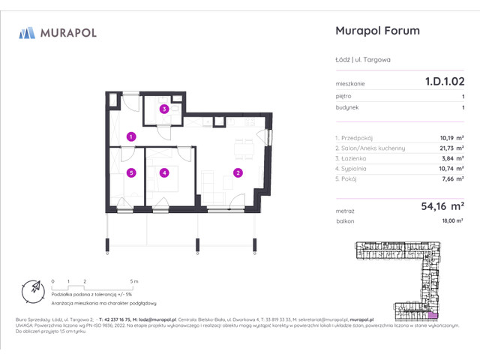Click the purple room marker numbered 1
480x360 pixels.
(x=130, y=136)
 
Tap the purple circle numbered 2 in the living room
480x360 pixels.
(x=237, y=173)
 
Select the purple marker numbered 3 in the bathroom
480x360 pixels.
(x=163, y=109)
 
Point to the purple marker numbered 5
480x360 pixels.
(x=130, y=173)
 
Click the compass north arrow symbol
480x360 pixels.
(x=33, y=288)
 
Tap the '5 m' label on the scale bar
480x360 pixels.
(x=134, y=280)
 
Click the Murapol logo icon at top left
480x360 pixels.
(x=27, y=32)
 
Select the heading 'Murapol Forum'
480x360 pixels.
(x=376, y=31)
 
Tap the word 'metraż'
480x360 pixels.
(x=346, y=212)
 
